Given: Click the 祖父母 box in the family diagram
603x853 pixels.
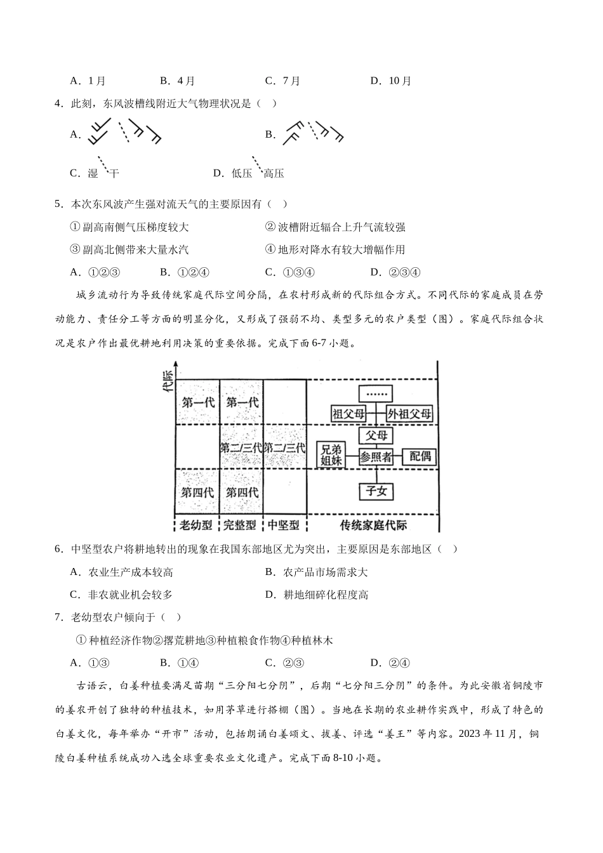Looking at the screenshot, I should (349, 414).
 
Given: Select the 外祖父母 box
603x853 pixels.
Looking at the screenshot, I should (409, 414).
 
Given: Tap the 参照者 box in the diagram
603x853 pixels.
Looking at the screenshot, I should (376, 456).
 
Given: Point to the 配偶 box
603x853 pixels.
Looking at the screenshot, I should (420, 456).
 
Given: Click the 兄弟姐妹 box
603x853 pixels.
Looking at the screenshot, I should (331, 455).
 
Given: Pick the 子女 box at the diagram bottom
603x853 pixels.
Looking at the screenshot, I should (376, 491).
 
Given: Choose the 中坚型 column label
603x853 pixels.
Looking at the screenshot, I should (284, 525).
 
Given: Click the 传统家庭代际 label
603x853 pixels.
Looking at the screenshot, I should (373, 525).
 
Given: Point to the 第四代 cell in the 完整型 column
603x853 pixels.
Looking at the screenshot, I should (242, 492).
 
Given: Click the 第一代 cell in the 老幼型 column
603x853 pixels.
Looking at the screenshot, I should (197, 402).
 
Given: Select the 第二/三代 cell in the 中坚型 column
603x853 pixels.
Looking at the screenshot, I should (284, 447).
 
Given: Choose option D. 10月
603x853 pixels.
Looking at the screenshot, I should (392, 81).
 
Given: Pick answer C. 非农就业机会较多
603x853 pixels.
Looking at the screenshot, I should (122, 595).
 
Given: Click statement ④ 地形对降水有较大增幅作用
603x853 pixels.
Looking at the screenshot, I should (335, 250).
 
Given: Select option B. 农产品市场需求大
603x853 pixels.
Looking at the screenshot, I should (316, 572).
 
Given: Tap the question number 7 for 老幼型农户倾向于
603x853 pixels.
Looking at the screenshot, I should (58, 617).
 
